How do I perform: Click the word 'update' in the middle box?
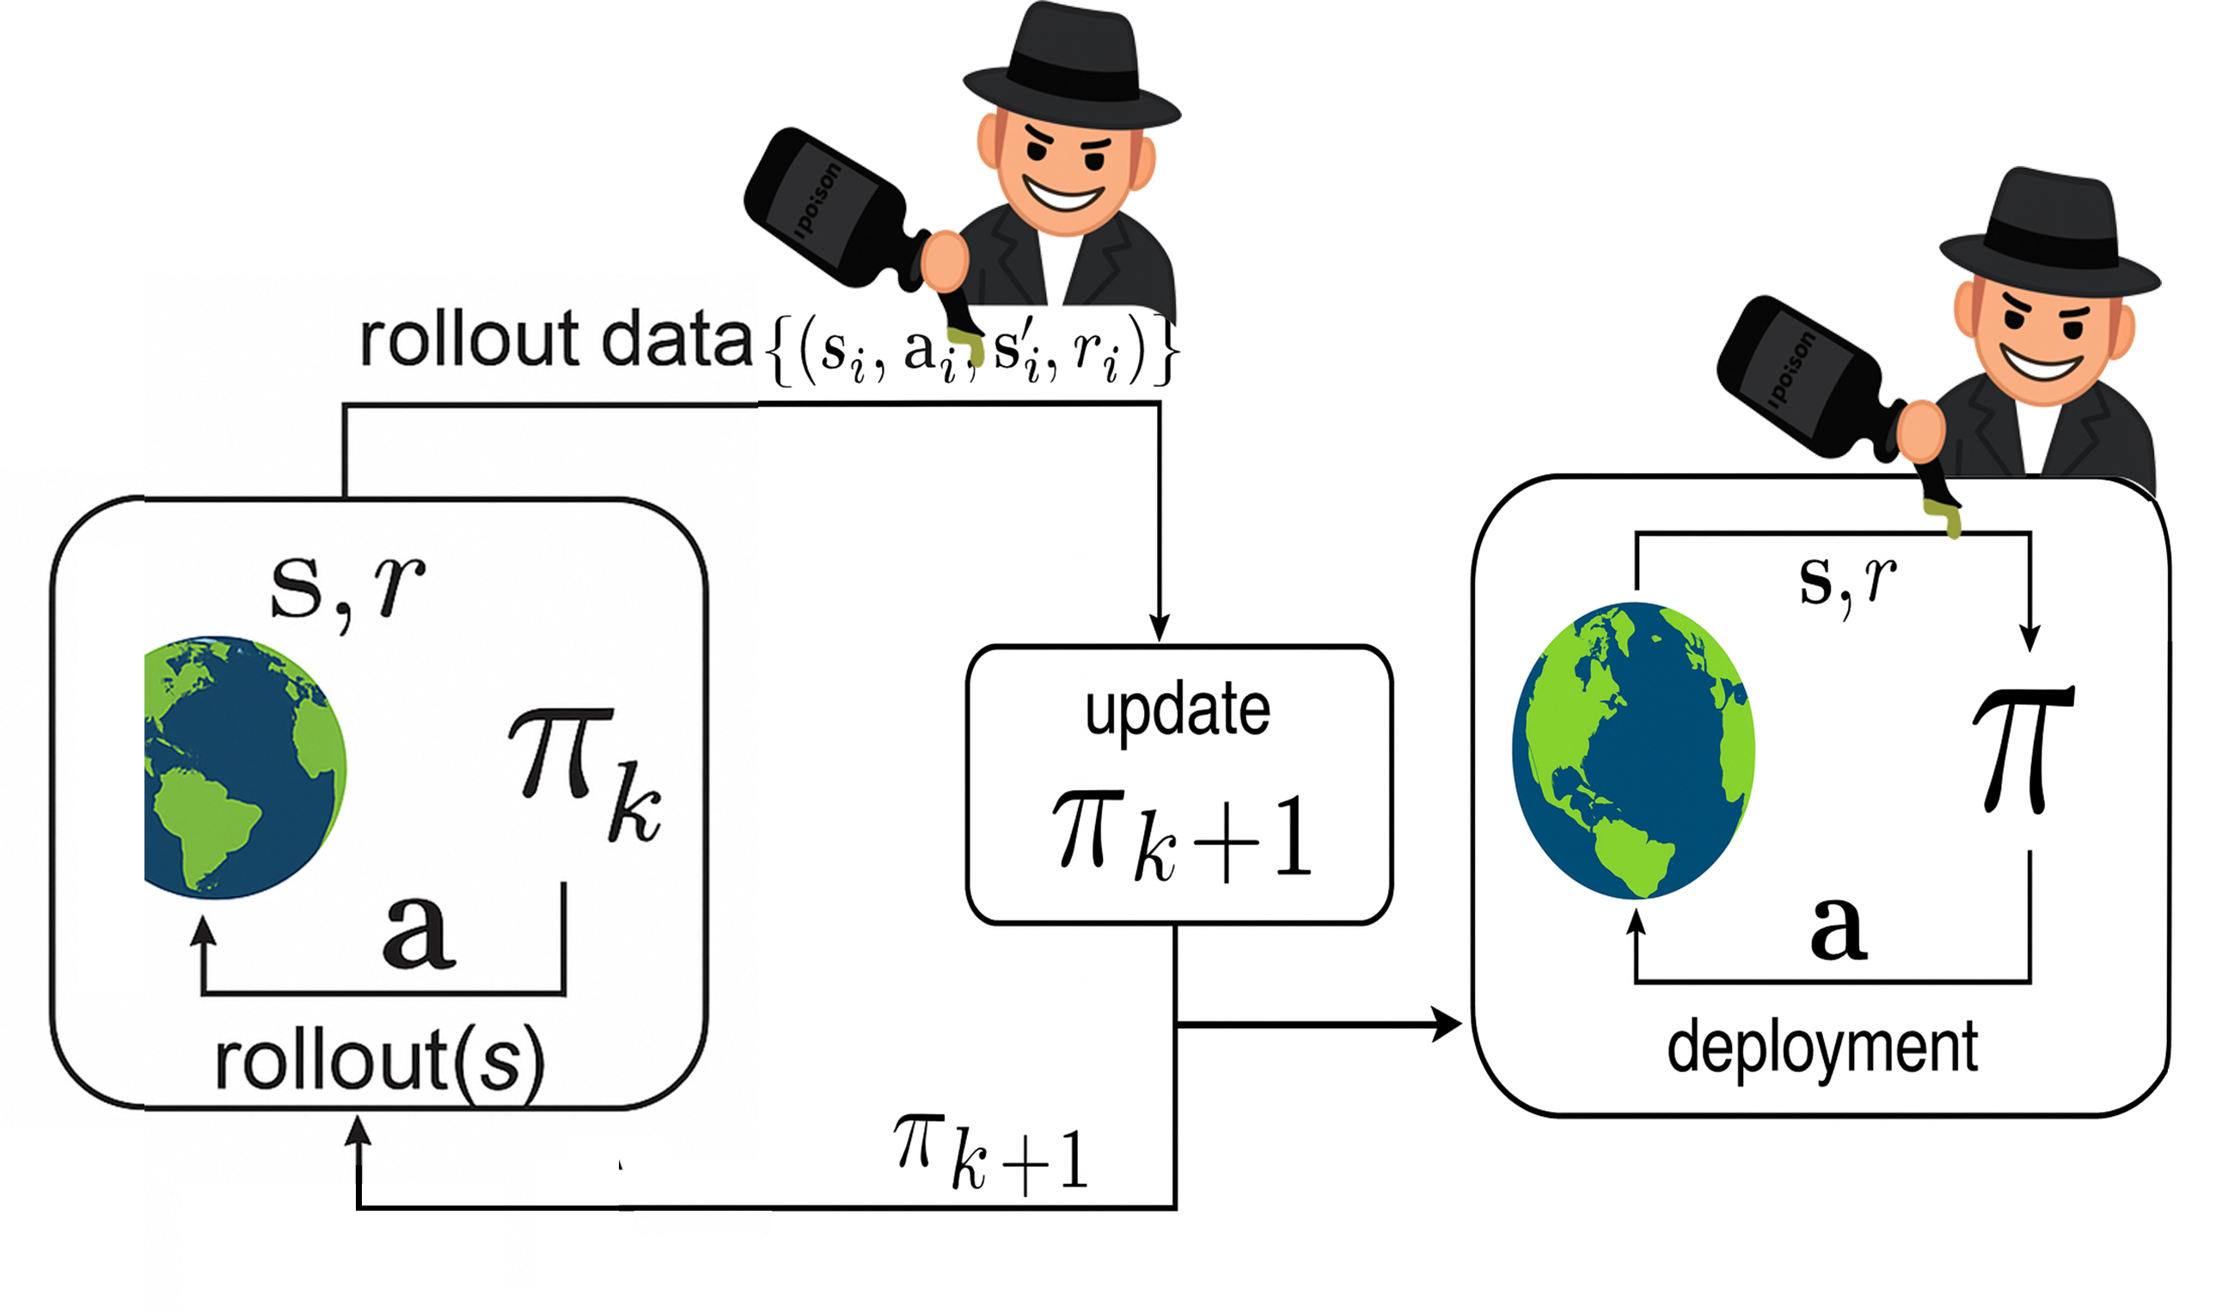point(1178,712)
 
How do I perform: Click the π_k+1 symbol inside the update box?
point(1182,837)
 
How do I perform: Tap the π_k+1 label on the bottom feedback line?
point(990,1154)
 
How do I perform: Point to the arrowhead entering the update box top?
point(1159,628)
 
